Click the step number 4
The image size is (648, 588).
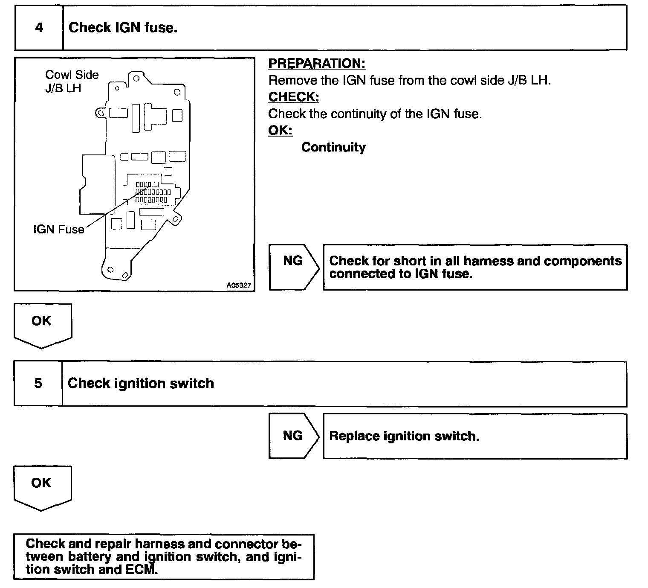pos(39,28)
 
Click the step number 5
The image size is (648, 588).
pos(38,383)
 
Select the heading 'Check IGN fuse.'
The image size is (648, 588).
pos(123,28)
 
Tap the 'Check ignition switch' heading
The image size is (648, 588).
pos(141,383)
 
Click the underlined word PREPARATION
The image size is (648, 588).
pos(317,64)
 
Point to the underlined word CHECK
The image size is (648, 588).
pos(293,97)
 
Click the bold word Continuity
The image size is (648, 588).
pos(333,147)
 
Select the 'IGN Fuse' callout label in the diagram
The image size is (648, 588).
pos(59,230)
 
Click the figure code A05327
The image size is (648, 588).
pos(239,285)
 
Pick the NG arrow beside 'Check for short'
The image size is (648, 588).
pos(293,267)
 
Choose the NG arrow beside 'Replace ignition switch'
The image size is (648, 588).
pos(293,436)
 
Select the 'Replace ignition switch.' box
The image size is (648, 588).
pos(474,436)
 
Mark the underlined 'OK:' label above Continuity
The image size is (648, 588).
pos(280,130)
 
